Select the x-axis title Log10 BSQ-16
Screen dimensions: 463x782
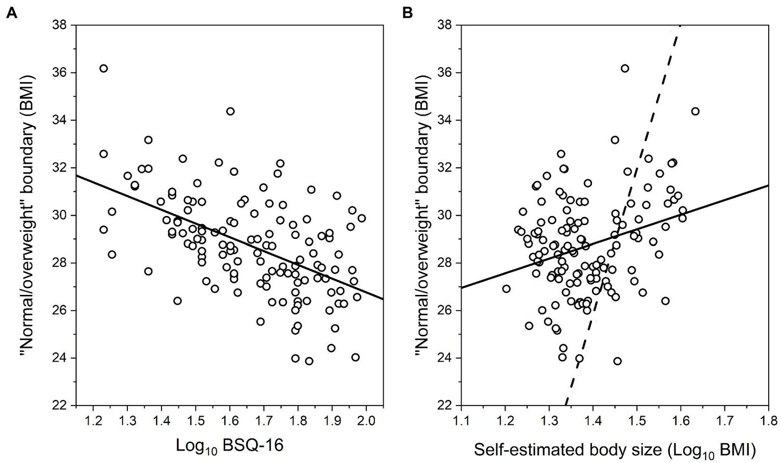229,446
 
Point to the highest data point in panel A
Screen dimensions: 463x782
103,68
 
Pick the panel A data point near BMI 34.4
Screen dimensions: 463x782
230,111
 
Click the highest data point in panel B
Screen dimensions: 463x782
625,68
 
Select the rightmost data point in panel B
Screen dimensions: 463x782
695,111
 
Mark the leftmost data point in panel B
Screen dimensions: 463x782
506,289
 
